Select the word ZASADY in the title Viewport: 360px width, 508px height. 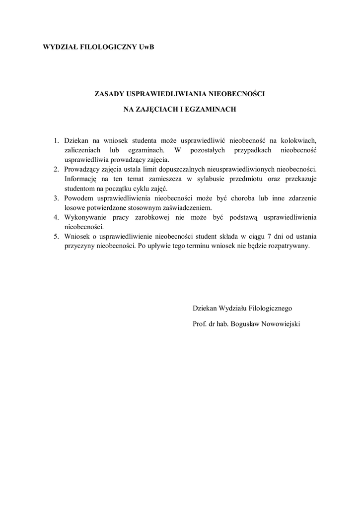110,93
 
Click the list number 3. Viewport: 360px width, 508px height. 57,198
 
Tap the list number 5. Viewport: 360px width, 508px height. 57,236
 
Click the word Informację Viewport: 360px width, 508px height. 83,179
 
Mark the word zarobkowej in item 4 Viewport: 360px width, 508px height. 147,217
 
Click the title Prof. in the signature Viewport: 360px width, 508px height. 200,323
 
